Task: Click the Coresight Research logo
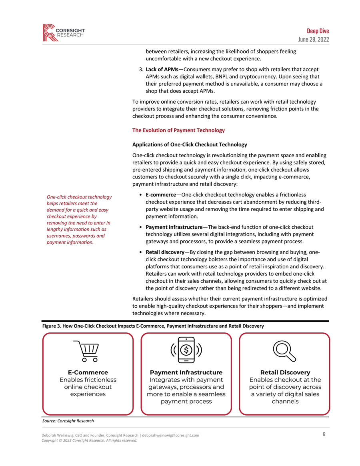pos(64,32)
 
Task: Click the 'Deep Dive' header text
pos(318,31)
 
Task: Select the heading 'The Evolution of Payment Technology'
pos(178,130)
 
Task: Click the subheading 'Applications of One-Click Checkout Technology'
pos(190,144)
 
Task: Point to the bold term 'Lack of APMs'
pos(162,69)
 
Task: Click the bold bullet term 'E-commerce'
pos(163,195)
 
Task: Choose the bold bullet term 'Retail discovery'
pos(165,252)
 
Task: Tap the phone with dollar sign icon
pos(186,350)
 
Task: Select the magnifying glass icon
pos(284,351)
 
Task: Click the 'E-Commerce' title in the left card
pos(88,372)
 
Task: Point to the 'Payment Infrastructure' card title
pos(186,372)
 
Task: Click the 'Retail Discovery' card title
pos(285,372)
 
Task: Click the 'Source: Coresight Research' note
pos(68,421)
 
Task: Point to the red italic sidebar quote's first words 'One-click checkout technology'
pos(79,197)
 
